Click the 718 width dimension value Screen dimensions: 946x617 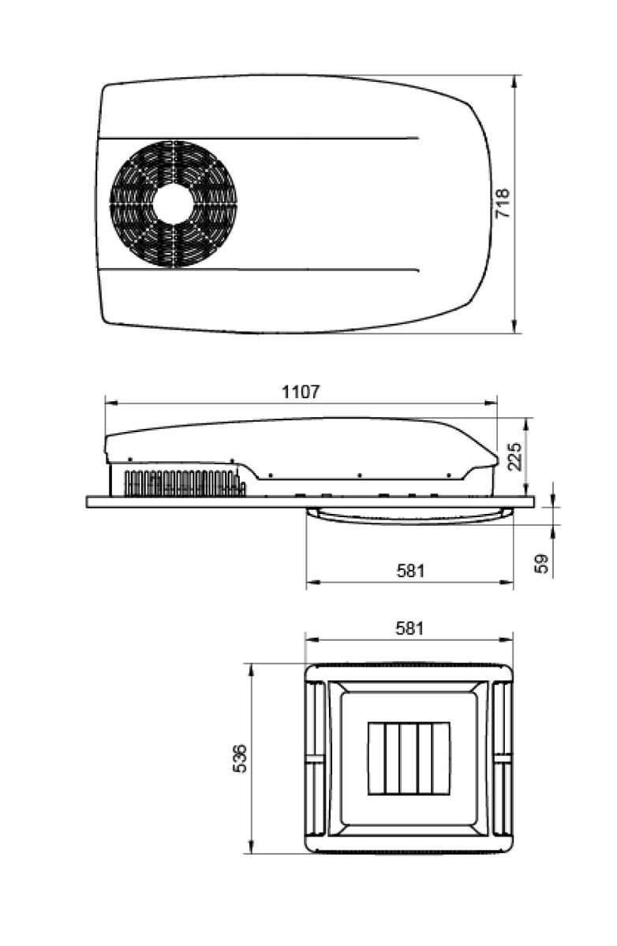pyautogui.click(x=503, y=203)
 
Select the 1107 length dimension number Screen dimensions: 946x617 pyautogui.click(x=301, y=391)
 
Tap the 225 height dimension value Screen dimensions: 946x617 pyautogui.click(x=515, y=456)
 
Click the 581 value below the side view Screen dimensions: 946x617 pyautogui.click(x=409, y=570)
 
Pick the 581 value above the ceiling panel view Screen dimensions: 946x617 pyautogui.click(x=409, y=628)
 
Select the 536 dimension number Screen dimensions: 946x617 pyautogui.click(x=241, y=758)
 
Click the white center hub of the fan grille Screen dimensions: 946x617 pyautogui.click(x=173, y=204)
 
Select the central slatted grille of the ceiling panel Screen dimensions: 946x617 pyautogui.click(x=409, y=758)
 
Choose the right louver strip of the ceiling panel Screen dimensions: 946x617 pyautogui.click(x=503, y=758)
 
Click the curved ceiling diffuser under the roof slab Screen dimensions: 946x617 pyautogui.click(x=409, y=516)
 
